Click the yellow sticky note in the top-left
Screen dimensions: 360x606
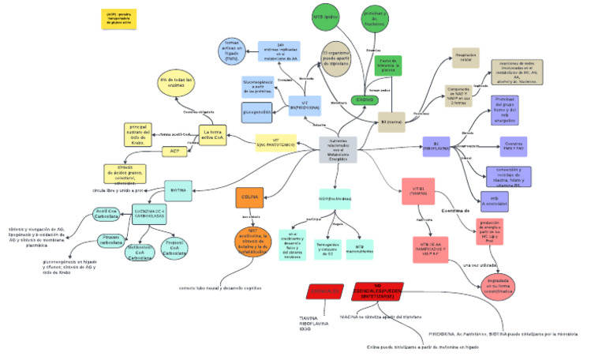(x=114, y=19)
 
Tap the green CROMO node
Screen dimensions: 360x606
(x=365, y=100)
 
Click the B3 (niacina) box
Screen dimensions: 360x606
(x=392, y=123)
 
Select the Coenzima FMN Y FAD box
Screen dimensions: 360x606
(x=513, y=147)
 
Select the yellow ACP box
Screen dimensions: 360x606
(x=174, y=152)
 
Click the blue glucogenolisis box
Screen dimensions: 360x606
(x=257, y=112)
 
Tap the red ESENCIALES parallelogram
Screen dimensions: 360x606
(x=325, y=292)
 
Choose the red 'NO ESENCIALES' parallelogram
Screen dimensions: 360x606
(x=377, y=291)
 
